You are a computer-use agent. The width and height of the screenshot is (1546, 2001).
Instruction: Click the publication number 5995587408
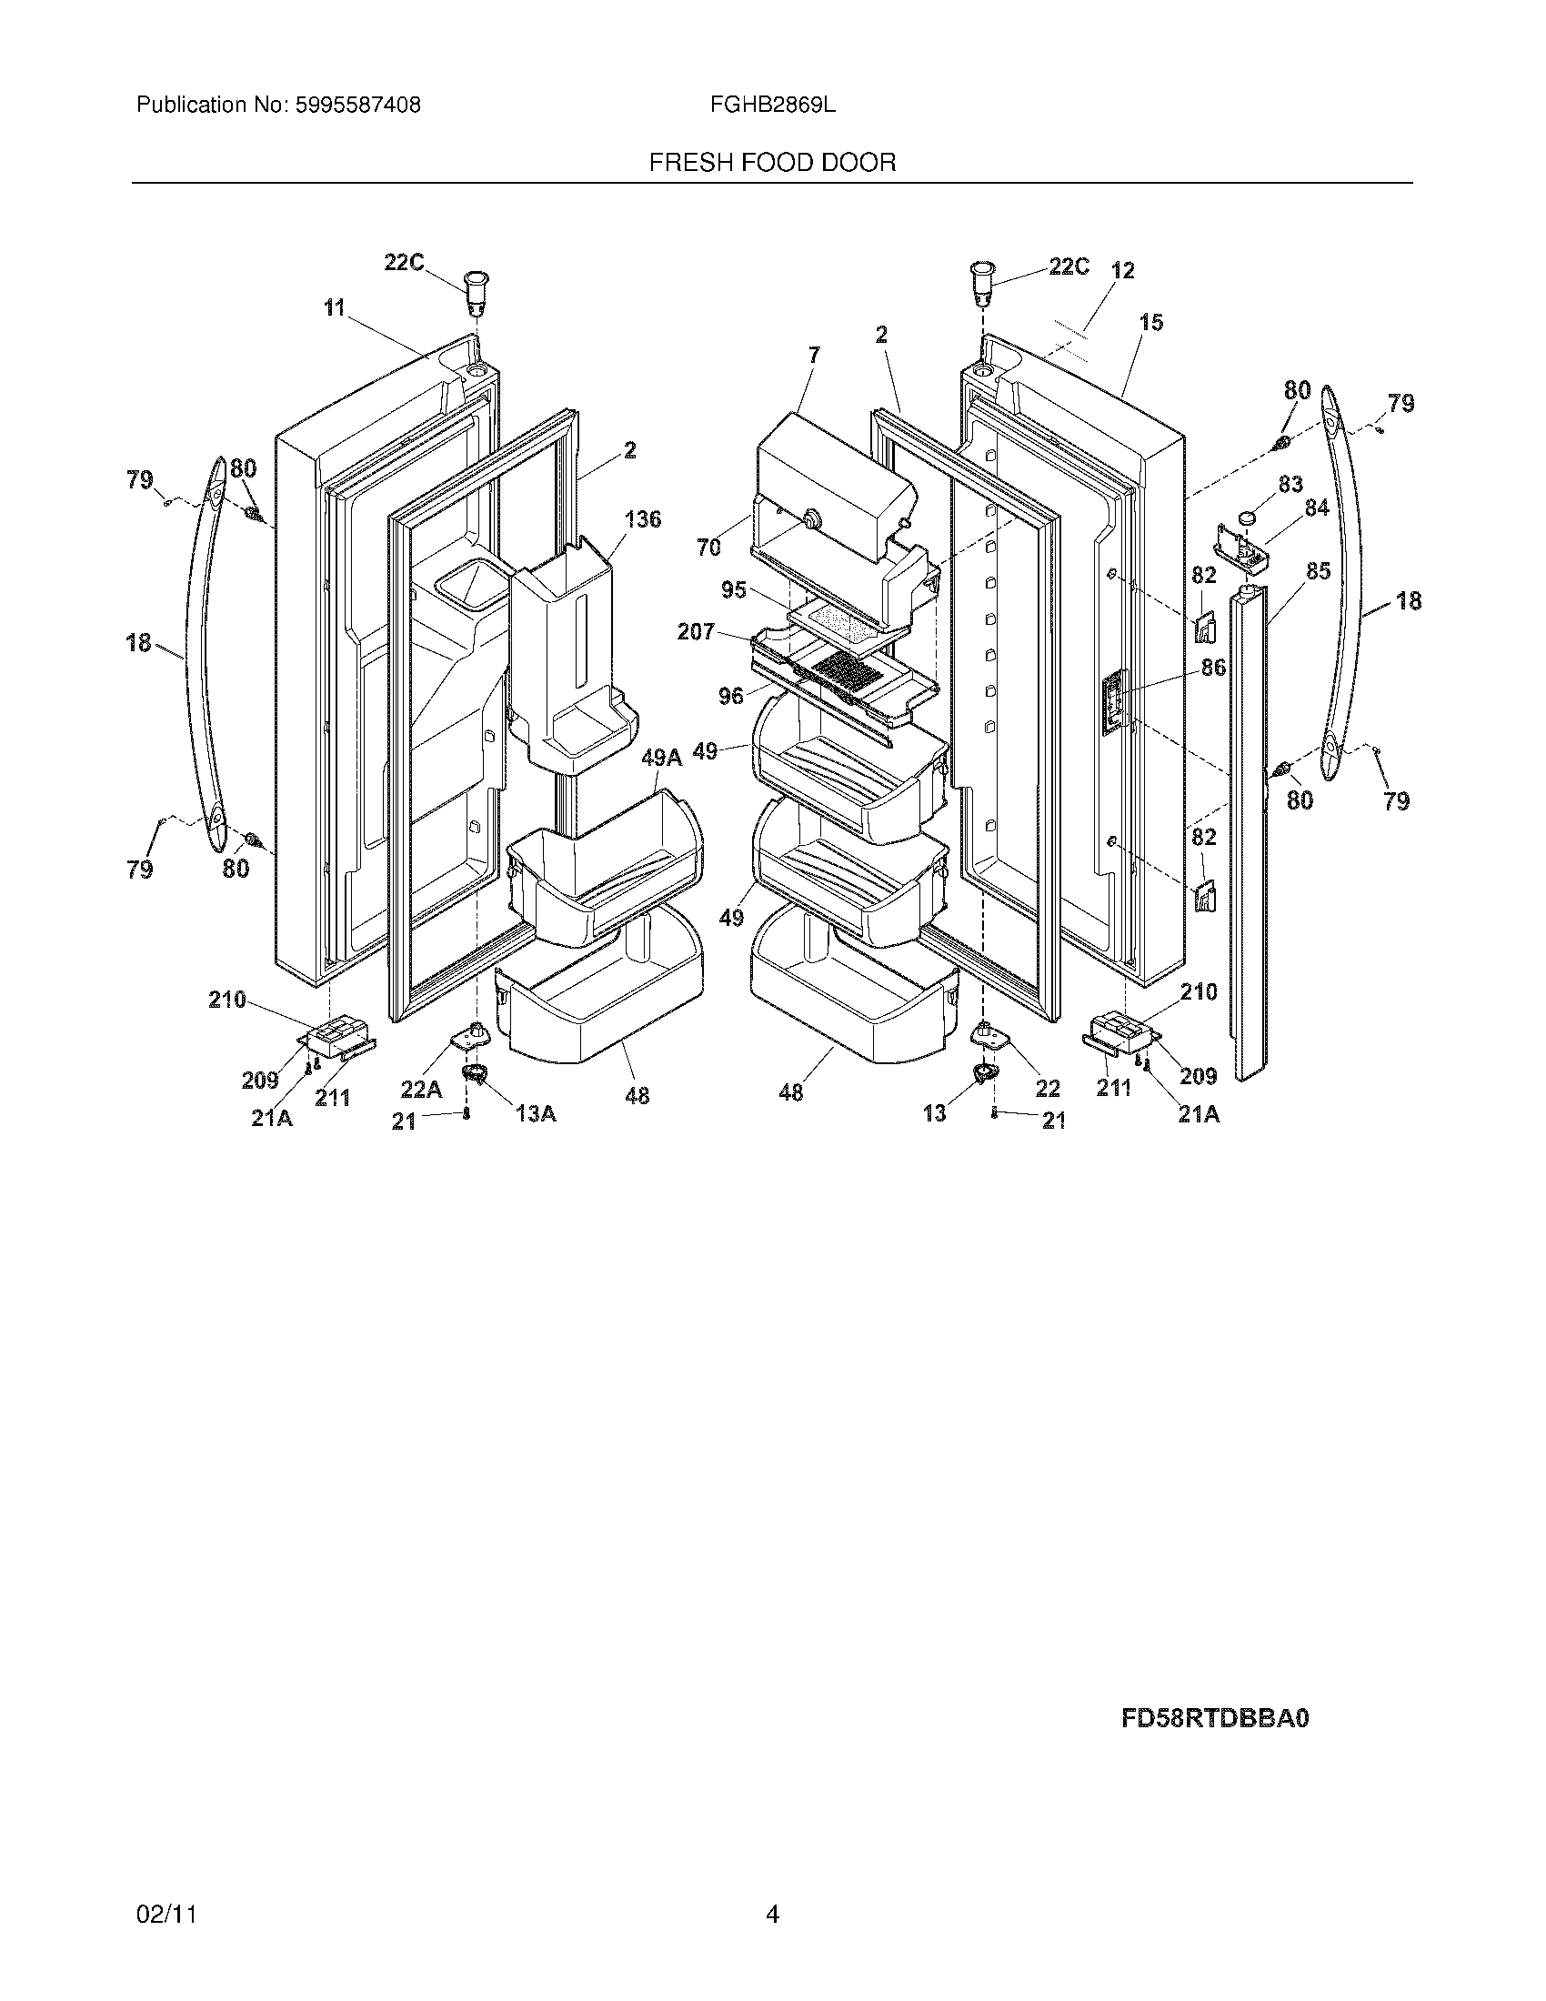pyautogui.click(x=356, y=106)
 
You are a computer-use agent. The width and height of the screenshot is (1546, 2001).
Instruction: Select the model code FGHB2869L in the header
pyautogui.click(x=772, y=106)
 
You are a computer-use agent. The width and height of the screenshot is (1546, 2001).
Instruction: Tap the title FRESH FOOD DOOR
pyautogui.click(x=772, y=163)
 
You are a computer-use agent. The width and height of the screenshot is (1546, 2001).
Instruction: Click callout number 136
pyautogui.click(x=642, y=519)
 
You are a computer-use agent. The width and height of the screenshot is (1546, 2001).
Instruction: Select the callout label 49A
pyautogui.click(x=661, y=757)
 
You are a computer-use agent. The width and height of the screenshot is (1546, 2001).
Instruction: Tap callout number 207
pyautogui.click(x=695, y=631)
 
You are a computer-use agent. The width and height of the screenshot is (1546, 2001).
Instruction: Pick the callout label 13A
pyautogui.click(x=536, y=1112)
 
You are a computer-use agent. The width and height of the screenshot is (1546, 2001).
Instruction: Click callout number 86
pyautogui.click(x=1213, y=668)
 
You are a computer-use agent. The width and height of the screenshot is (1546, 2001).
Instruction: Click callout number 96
pyautogui.click(x=730, y=697)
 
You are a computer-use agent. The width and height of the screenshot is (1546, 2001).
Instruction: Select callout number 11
pyautogui.click(x=334, y=307)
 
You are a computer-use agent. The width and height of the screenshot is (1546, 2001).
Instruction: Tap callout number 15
pyautogui.click(x=1151, y=323)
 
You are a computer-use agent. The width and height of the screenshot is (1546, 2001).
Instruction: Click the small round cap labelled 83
pyautogui.click(x=1247, y=518)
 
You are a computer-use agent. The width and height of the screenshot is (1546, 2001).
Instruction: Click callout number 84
pyautogui.click(x=1316, y=507)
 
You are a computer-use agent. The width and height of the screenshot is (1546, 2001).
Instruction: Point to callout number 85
pyautogui.click(x=1318, y=571)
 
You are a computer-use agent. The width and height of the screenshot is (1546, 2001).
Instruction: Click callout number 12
pyautogui.click(x=1122, y=270)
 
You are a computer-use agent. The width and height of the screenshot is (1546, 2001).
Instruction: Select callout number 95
pyautogui.click(x=733, y=590)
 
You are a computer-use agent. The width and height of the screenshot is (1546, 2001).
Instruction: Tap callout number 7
pyautogui.click(x=814, y=355)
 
